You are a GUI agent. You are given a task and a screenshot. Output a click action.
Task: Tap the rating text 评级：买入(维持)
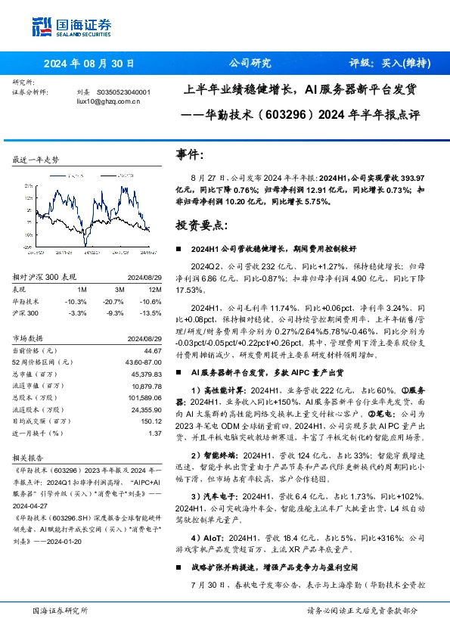390,64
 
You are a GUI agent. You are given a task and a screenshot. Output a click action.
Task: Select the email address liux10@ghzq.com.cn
108,101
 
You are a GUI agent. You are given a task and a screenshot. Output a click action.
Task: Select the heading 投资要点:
200,225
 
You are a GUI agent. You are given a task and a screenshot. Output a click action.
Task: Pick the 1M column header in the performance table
81,289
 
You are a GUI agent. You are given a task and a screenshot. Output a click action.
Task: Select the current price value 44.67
154,351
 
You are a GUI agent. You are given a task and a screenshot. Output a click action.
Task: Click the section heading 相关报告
29,458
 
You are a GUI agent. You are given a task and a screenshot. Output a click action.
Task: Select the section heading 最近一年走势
36,160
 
